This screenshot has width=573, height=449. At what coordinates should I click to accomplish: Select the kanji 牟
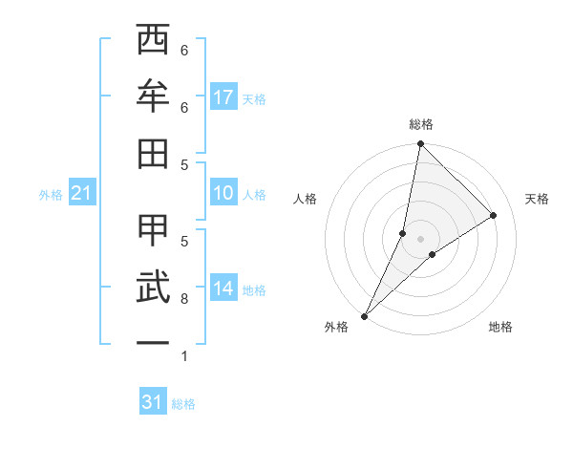click(x=153, y=95)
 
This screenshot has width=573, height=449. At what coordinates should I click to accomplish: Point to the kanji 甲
click(x=153, y=230)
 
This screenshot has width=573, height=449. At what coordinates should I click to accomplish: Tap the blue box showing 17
click(x=223, y=97)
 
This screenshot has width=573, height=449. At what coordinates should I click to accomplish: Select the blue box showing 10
click(x=223, y=194)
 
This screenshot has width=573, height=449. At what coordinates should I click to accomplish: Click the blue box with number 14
click(x=223, y=289)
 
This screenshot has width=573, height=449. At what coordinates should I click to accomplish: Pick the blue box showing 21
click(x=81, y=194)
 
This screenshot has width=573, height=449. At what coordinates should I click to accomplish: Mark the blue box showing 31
click(x=153, y=402)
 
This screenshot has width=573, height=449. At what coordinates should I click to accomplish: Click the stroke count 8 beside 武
click(x=184, y=299)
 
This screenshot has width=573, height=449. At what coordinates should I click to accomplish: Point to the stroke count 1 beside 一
click(x=184, y=356)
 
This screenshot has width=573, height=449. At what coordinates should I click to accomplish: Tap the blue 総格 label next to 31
click(x=183, y=404)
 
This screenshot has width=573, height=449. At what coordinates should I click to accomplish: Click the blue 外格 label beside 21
click(x=51, y=195)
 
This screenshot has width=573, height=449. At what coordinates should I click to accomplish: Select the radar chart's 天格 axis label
click(x=538, y=199)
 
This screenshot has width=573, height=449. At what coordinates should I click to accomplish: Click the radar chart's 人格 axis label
click(x=305, y=199)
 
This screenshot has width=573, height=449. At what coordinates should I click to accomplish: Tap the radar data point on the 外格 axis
click(x=365, y=316)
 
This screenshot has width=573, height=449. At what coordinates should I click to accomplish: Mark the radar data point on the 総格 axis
click(x=420, y=144)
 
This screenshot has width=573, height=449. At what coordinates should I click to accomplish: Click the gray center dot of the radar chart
click(x=420, y=239)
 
